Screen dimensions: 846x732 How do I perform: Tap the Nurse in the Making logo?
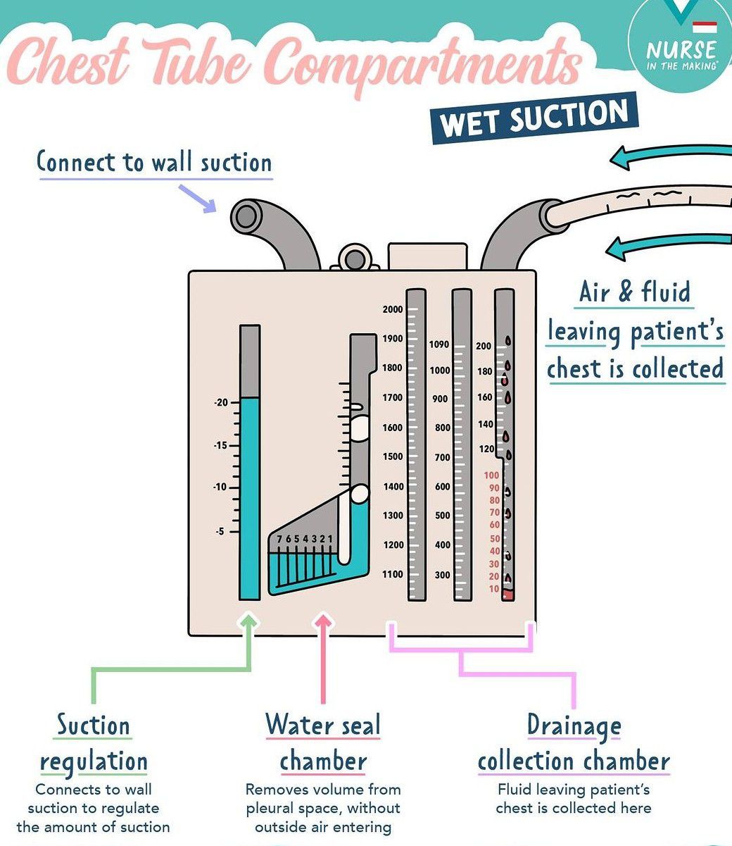pos(681,51)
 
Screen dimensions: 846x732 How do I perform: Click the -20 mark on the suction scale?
pos(221,403)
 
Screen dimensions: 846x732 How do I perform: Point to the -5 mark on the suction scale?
pos(221,531)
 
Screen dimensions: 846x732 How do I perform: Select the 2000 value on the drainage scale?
pos(393,309)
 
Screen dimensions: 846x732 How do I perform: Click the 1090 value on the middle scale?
pos(438,344)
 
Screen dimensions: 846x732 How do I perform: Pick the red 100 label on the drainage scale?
pos(491,475)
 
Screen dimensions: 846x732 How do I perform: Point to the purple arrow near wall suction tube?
pos(198,197)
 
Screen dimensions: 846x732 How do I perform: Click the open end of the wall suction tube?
pos(246,216)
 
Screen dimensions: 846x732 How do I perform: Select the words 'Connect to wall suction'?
pos(154,162)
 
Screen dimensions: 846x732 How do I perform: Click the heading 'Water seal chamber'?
pos(323,743)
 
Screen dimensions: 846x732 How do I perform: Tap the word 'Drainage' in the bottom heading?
pos(574,726)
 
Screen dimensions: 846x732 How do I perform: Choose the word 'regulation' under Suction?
pos(94,761)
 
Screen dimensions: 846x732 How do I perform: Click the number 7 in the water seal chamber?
pos(279,539)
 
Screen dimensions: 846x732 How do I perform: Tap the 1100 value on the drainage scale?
pos(393,575)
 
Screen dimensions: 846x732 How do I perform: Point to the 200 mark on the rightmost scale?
pos(484,346)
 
